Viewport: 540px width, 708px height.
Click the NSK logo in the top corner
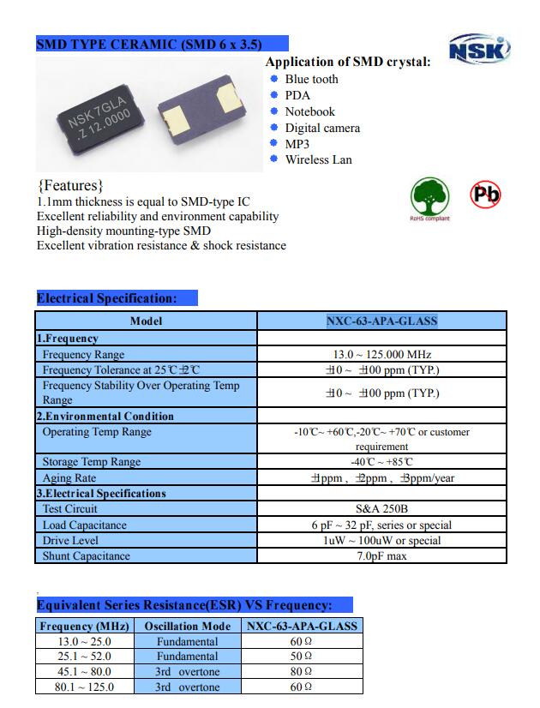pyautogui.click(x=479, y=49)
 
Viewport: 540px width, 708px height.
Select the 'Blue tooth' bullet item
pyautogui.click(x=311, y=79)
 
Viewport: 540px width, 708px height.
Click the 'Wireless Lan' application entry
pyautogui.click(x=318, y=159)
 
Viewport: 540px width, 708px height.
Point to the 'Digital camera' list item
pyautogui.click(x=322, y=128)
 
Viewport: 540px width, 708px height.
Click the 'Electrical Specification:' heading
pyautogui.click(x=107, y=298)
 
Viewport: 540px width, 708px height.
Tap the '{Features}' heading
pyautogui.click(x=71, y=185)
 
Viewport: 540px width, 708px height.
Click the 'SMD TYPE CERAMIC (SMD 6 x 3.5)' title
pyautogui.click(x=149, y=45)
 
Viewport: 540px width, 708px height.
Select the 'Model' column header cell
pyautogui.click(x=146, y=321)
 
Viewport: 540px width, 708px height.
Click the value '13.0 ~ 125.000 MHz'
pyautogui.click(x=381, y=354)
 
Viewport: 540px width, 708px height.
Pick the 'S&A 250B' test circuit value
pyautogui.click(x=381, y=509)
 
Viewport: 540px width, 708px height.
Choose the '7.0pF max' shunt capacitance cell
pyautogui.click(x=381, y=556)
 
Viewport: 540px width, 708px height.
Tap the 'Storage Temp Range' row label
pyautogui.click(x=92, y=462)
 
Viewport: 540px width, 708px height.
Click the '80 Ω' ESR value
pyautogui.click(x=301, y=672)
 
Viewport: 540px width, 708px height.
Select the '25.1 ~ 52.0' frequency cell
pyautogui.click(x=84, y=657)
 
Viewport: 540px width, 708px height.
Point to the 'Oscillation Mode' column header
pyautogui.click(x=187, y=626)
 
